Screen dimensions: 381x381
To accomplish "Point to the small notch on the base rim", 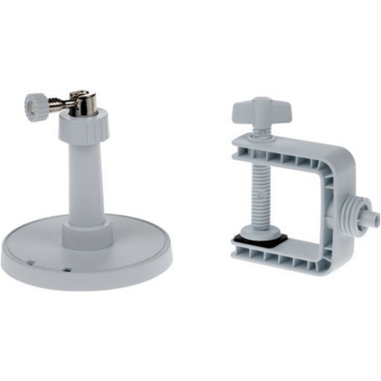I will (66, 269).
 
